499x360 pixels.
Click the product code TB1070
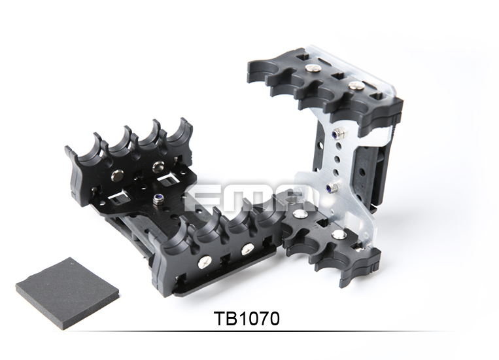coord(247,319)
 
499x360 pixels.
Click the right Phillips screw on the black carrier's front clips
coord(247,249)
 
